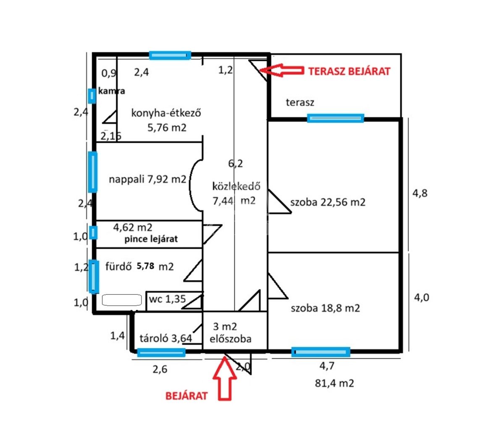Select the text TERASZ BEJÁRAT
tap(349, 71)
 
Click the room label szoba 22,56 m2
tap(328, 202)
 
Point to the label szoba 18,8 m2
tap(325, 308)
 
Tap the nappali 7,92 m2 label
tap(147, 179)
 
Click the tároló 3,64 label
tap(166, 338)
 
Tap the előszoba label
tap(231, 338)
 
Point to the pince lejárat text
tap(151, 239)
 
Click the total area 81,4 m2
tap(334, 383)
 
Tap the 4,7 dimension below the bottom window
tap(327, 366)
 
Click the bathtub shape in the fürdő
tap(122, 300)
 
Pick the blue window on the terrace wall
tap(335, 118)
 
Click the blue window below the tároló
tap(161, 353)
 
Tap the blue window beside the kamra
tap(91, 96)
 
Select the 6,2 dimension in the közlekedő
tap(235, 164)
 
